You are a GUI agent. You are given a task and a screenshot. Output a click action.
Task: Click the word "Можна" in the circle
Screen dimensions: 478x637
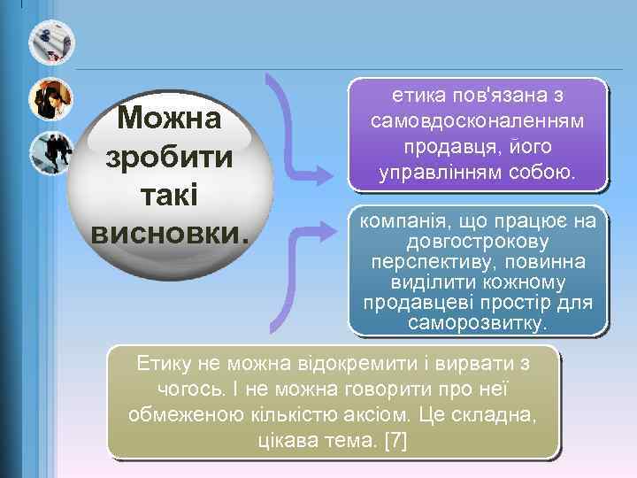tap(170, 118)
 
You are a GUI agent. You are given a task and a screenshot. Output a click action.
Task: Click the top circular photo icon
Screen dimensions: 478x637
tap(50, 42)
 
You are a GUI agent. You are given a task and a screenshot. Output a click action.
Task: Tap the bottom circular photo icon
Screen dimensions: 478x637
tap(50, 153)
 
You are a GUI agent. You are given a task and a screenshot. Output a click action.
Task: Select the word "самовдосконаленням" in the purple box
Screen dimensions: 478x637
tap(478, 119)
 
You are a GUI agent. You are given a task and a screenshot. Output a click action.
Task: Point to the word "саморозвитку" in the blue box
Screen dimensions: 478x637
tap(478, 324)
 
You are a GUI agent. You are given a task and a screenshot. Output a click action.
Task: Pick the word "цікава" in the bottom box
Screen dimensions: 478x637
tap(285, 440)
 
